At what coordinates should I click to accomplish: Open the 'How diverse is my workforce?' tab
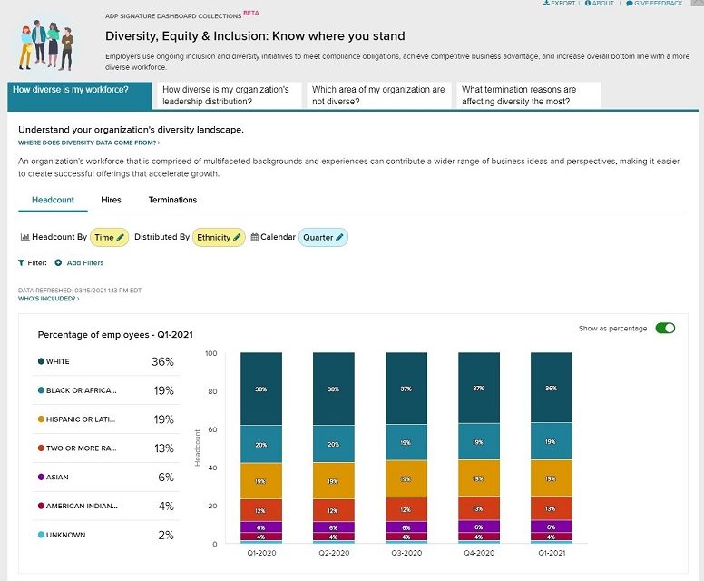(70, 90)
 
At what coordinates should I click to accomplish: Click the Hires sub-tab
(111, 200)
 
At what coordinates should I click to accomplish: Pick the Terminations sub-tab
(172, 200)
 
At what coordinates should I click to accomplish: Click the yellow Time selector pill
(109, 238)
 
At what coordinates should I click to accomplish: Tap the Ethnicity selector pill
(220, 238)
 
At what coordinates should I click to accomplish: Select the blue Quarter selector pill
(323, 238)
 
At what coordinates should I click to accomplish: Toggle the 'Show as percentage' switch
(665, 328)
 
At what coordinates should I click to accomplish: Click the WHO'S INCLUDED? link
(49, 299)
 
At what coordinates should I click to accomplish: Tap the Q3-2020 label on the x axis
(406, 553)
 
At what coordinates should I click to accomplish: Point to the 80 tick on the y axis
(211, 391)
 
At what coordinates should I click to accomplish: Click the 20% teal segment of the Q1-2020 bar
(261, 445)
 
